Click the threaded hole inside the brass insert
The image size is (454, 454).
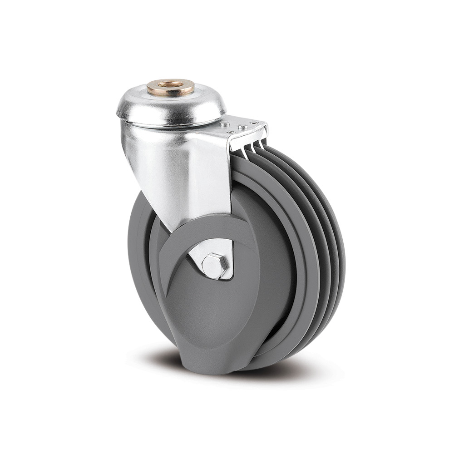pyautogui.click(x=171, y=87)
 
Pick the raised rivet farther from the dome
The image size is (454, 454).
pyautogui.click(x=243, y=128)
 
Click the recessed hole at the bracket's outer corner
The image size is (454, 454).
pyautogui.click(x=256, y=122)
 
